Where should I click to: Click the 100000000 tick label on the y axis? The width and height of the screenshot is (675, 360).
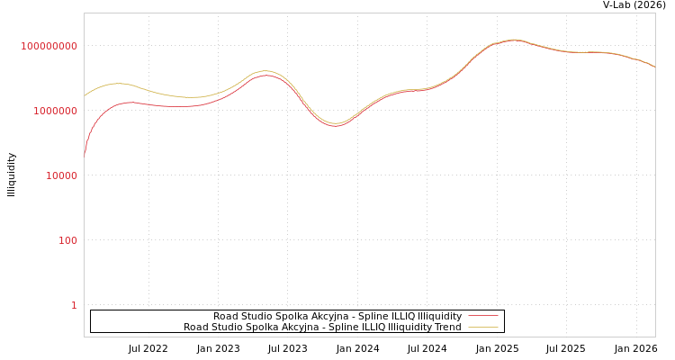click(49, 46)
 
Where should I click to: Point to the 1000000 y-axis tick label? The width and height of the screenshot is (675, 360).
click(55, 111)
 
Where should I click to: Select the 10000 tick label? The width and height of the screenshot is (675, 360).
click(61, 175)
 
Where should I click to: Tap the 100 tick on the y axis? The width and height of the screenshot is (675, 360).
click(67, 240)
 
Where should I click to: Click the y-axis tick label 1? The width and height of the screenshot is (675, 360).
click(74, 305)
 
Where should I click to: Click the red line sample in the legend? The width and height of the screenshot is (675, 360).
click(482, 317)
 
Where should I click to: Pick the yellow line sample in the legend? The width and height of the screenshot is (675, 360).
click(482, 328)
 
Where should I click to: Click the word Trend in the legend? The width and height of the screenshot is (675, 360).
click(447, 328)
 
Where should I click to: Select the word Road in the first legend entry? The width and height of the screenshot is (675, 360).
click(225, 317)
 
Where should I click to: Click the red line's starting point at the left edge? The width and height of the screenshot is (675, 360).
click(85, 155)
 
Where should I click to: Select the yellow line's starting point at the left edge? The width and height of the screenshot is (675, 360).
click(85, 95)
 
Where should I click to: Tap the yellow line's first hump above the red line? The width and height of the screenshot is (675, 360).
click(118, 83)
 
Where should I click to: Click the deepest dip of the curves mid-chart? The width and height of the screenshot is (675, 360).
click(336, 125)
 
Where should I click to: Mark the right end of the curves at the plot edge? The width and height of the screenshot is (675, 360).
click(654, 67)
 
